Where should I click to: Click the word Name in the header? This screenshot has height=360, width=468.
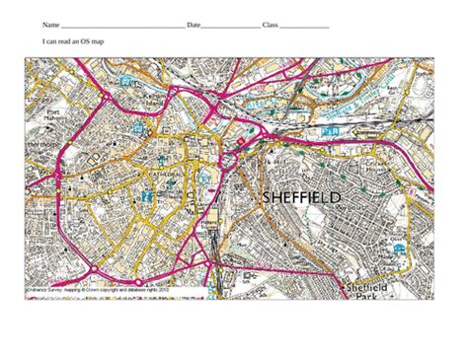click(x=50, y=24)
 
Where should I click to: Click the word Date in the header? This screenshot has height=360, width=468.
click(x=194, y=24)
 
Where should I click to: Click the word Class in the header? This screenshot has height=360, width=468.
click(x=270, y=24)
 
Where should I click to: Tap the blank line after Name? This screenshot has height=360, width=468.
click(x=122, y=26)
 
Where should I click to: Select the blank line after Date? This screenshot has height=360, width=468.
click(x=231, y=26)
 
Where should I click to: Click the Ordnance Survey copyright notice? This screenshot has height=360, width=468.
click(x=99, y=293)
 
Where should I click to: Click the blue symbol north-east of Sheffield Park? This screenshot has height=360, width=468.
click(x=398, y=248)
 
